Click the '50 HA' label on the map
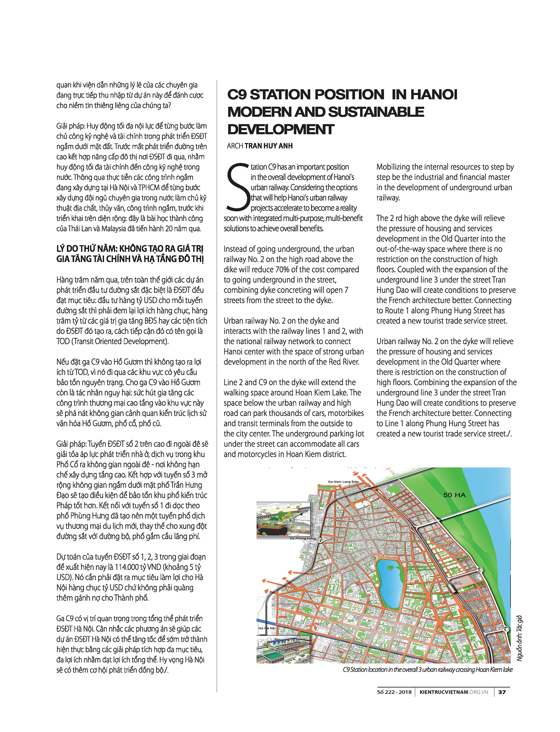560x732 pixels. click(454, 495)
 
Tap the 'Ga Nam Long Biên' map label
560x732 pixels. click(343, 482)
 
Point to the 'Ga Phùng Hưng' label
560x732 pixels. click(302, 538)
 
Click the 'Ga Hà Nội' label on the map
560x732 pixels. click(267, 628)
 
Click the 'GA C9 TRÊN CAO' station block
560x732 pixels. click(457, 583)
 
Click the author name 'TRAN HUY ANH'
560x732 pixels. click(268, 146)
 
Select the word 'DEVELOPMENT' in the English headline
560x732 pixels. click(281, 129)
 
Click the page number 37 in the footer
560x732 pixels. click(502, 692)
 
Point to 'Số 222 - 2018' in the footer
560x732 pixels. click(394, 692)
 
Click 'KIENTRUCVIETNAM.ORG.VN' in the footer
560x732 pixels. click(454, 692)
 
